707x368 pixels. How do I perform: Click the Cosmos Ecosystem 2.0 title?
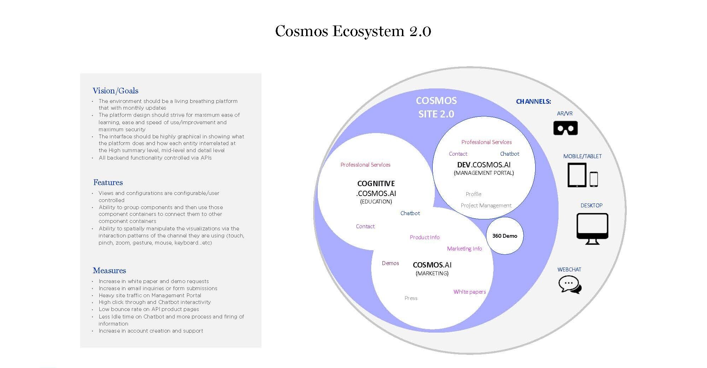click(353, 31)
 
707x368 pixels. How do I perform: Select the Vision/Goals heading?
click(115, 91)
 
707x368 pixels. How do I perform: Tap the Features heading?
click(108, 183)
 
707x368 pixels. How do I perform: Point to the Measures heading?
click(109, 271)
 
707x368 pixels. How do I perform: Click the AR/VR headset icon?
click(565, 128)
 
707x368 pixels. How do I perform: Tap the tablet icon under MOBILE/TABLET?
click(577, 175)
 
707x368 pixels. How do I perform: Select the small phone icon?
click(594, 179)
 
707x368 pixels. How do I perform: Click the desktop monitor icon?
click(592, 228)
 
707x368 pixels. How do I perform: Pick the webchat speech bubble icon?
click(569, 284)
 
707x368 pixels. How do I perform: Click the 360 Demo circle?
click(504, 236)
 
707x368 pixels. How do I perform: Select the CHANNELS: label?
click(533, 102)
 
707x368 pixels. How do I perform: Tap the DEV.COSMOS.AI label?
click(484, 165)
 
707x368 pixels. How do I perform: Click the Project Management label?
click(486, 206)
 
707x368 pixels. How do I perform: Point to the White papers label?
click(469, 292)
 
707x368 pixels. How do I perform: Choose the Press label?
click(411, 298)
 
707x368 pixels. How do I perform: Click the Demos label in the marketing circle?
click(390, 263)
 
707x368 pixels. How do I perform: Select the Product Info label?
click(425, 237)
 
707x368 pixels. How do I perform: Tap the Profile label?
click(473, 194)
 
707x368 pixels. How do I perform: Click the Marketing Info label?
click(464, 249)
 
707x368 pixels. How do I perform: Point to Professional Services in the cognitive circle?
click(365, 165)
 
